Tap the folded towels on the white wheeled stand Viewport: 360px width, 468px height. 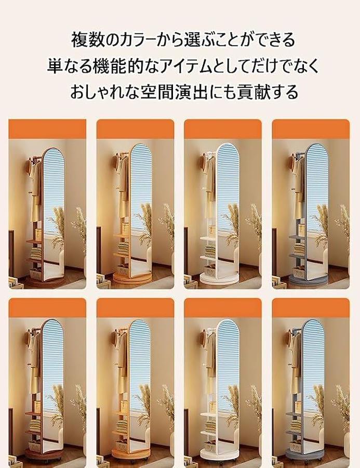pos(210,425)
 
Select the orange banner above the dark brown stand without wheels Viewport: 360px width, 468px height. pos(47,129)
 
